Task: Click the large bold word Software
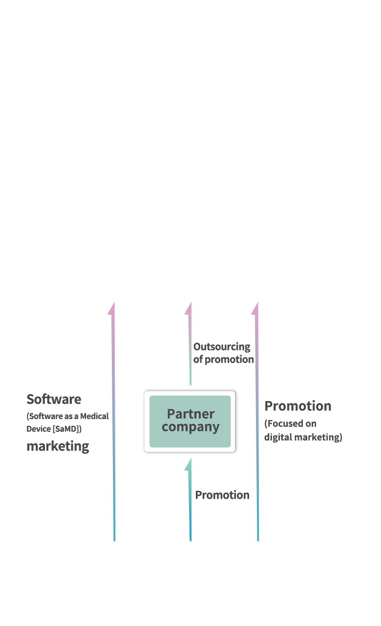click(54, 399)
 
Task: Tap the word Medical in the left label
click(94, 416)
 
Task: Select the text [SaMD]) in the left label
click(67, 429)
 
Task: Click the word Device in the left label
click(39, 429)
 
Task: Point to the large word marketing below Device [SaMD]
click(58, 446)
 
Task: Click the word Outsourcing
click(222, 347)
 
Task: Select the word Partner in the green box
click(191, 414)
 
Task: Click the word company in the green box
click(190, 427)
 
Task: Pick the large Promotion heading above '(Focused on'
click(298, 406)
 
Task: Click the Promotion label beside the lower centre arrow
click(222, 495)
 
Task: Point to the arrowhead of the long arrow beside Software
click(112, 308)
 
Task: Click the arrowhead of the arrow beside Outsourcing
click(188, 308)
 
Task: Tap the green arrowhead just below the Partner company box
click(188, 464)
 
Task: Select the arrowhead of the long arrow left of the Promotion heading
click(255, 308)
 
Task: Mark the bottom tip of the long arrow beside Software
click(114, 541)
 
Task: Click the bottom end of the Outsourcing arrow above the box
click(190, 385)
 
